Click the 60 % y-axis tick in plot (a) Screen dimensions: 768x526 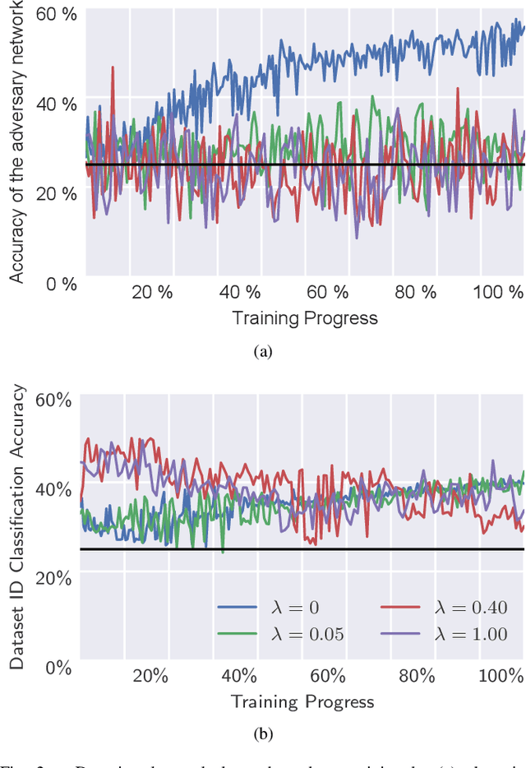pos(58,15)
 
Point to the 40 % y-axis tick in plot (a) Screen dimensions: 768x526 pos(58,104)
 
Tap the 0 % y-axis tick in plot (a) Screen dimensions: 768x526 pos(61,285)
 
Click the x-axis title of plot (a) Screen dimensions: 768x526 pos(304,318)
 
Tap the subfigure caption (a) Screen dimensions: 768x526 pos(262,351)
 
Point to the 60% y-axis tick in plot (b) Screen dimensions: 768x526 pos(53,400)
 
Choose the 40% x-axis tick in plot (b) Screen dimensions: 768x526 pos(239,677)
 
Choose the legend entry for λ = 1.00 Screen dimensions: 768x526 pos(444,634)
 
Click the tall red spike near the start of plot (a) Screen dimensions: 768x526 pos(113,70)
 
